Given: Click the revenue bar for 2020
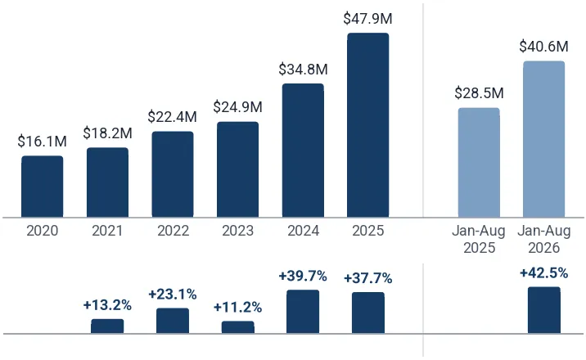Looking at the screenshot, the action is [43, 187].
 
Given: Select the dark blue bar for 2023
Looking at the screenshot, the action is [237, 169].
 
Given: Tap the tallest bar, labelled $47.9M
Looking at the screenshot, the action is [368, 125].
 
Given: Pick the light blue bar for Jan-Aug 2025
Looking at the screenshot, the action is [479, 163].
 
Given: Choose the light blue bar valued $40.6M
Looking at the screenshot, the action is [544, 139].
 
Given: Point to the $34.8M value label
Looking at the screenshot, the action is [303, 70].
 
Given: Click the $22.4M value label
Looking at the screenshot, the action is [173, 117].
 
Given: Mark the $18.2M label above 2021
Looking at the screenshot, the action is [108, 133].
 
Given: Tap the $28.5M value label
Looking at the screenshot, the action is [479, 93].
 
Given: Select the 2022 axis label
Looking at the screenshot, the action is [173, 231].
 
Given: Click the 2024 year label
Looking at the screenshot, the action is [303, 231].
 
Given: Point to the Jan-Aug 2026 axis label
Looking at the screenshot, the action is [544, 239].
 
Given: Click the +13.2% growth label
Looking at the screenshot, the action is [107, 305].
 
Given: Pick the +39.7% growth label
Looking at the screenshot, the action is [303, 277].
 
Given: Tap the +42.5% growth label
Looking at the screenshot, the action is [543, 273].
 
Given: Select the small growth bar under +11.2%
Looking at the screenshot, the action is [237, 327].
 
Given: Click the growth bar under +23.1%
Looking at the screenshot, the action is [173, 321].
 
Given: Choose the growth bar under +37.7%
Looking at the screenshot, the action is [368, 313].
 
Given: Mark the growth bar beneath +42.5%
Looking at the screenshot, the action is [544, 310].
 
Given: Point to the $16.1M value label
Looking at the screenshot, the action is [43, 142].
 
